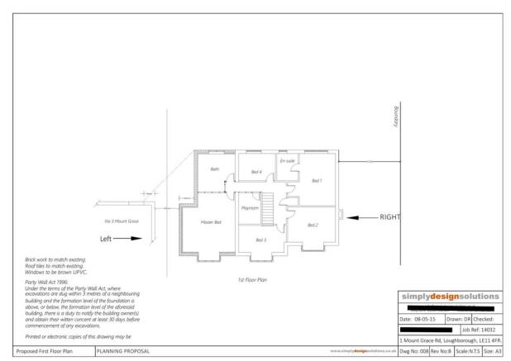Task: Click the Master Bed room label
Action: click(x=211, y=222)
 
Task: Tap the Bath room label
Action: click(x=215, y=169)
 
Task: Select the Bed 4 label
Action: click(x=256, y=172)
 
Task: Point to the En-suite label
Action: click(x=286, y=160)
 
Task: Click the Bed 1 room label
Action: click(x=317, y=180)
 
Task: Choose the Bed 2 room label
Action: click(x=313, y=225)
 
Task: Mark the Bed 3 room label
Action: click(x=260, y=240)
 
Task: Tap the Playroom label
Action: click(x=250, y=208)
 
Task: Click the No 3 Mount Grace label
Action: click(x=121, y=221)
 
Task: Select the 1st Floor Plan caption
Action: click(x=251, y=280)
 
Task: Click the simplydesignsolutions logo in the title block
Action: click(x=451, y=296)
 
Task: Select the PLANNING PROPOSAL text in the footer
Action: click(x=124, y=351)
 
